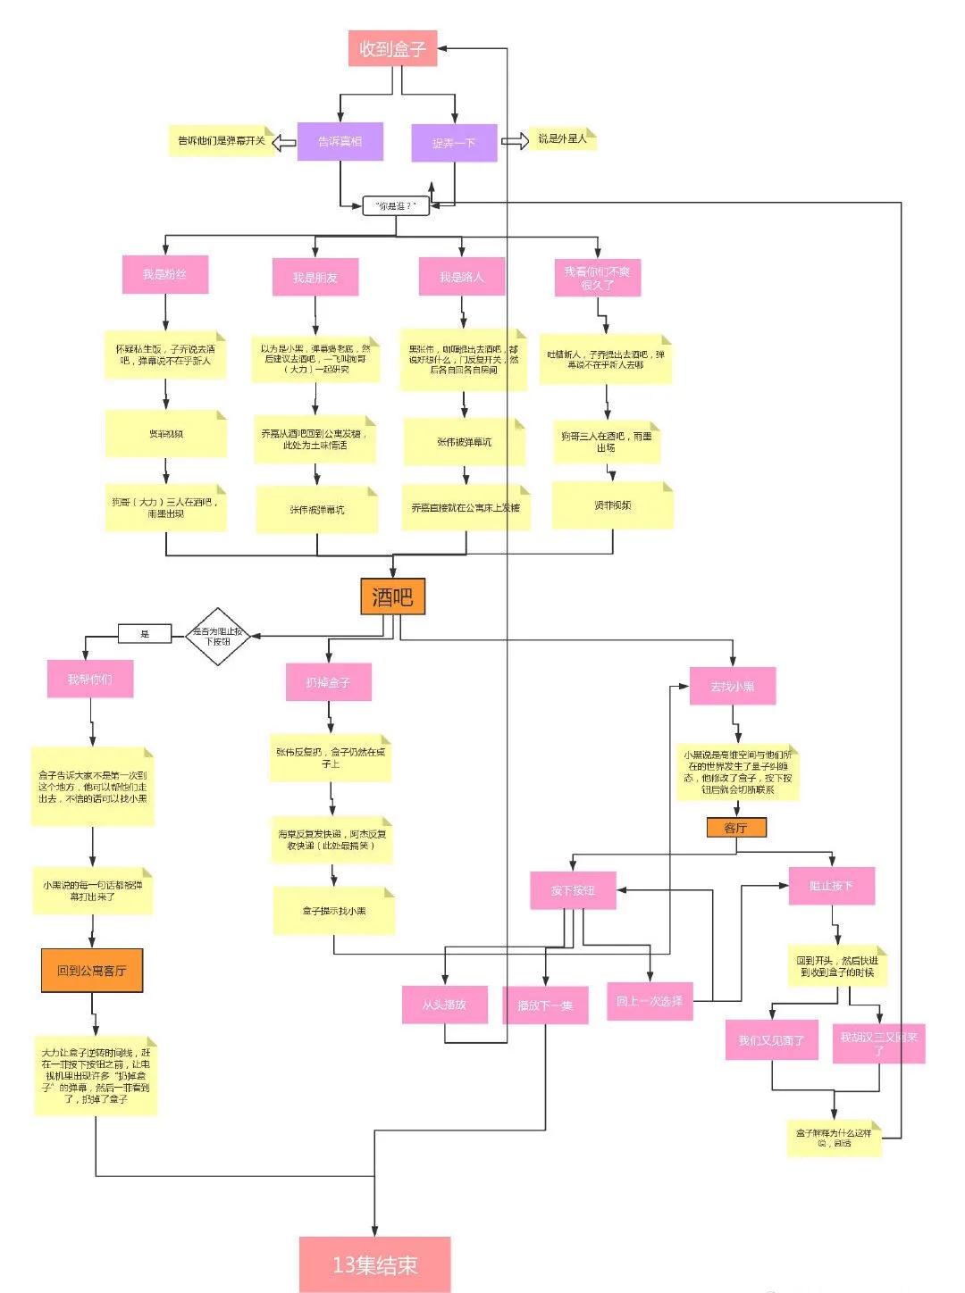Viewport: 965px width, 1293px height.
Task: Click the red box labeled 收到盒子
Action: (x=392, y=48)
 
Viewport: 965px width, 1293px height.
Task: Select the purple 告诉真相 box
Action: (x=340, y=142)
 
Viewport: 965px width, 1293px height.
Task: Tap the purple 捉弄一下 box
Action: (x=454, y=143)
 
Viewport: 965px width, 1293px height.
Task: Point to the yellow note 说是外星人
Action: (x=562, y=139)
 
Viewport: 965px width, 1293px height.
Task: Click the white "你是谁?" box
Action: (x=396, y=205)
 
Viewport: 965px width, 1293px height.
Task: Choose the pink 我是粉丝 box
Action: (x=164, y=275)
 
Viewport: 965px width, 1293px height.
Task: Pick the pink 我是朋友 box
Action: (x=315, y=278)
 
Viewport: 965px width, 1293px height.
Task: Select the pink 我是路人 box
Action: (x=462, y=277)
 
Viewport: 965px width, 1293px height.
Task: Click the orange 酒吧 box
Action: (x=392, y=596)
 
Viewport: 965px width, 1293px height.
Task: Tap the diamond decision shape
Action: (x=217, y=636)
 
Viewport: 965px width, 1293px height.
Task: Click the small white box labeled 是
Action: (x=145, y=634)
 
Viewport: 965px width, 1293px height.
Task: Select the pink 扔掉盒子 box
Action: (x=328, y=682)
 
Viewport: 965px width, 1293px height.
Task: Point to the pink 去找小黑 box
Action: (x=732, y=687)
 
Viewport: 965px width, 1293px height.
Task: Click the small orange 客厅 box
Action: (x=735, y=828)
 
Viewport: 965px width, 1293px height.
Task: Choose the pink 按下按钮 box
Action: (x=573, y=890)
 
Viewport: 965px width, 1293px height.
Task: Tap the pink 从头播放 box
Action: (x=444, y=1005)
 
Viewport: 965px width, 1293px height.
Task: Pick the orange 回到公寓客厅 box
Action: (x=92, y=971)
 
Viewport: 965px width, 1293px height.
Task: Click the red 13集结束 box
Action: (x=374, y=1264)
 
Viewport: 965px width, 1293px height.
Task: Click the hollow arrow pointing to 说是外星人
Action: (x=515, y=141)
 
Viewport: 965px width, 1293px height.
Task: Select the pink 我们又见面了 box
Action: (x=771, y=1040)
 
